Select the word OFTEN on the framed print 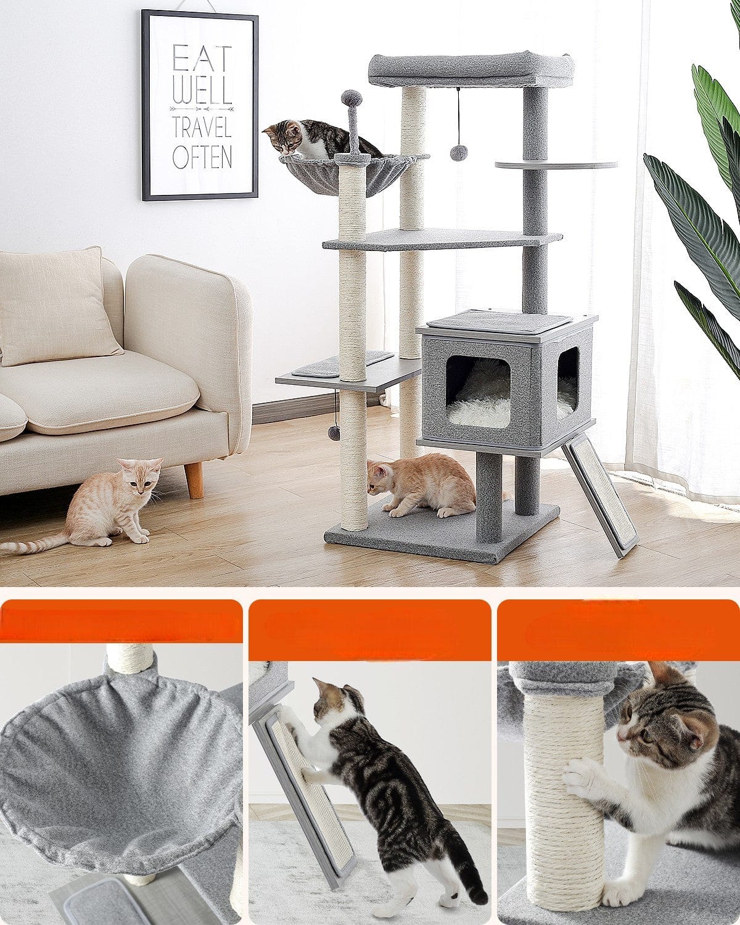pos(202,156)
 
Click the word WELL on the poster pos(202,91)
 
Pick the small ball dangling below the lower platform pos(334,434)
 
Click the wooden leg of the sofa pos(194,480)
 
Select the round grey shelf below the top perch pos(556,165)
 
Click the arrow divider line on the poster pos(202,109)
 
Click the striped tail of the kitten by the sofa pos(35,545)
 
